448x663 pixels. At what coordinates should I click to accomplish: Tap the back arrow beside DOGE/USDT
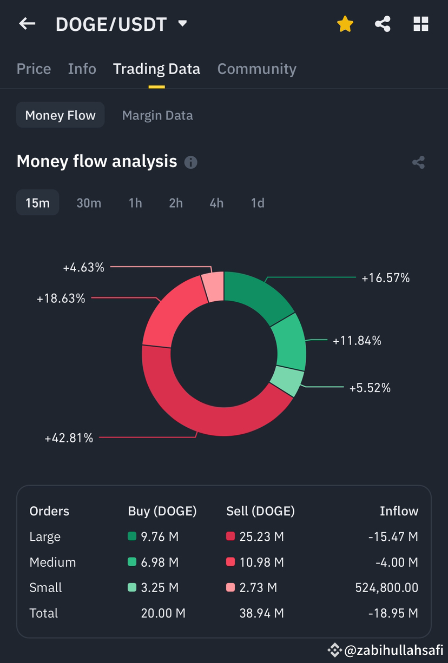click(x=27, y=24)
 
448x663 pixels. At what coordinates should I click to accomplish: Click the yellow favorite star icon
click(x=345, y=24)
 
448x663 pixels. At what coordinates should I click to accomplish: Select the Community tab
click(x=256, y=69)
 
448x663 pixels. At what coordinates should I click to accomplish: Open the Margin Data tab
click(x=157, y=115)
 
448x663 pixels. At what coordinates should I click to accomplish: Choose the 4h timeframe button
click(x=216, y=203)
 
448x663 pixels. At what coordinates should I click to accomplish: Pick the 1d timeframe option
click(x=258, y=203)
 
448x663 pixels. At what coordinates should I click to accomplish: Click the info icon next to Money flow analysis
click(x=190, y=162)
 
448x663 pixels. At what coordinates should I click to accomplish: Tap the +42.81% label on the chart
click(x=69, y=438)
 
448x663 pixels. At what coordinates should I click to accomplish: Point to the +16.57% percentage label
click(x=385, y=278)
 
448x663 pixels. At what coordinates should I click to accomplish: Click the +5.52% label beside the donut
click(x=370, y=388)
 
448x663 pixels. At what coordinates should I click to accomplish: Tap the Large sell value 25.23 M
click(x=261, y=537)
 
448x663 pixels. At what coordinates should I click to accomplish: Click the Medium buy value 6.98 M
click(x=160, y=562)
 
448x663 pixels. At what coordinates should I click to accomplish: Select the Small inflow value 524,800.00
click(x=386, y=588)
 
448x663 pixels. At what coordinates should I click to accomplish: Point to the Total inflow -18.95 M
click(x=393, y=613)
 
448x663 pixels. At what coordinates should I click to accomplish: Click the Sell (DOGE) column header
click(x=260, y=511)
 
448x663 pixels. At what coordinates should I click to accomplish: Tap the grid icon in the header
click(x=420, y=24)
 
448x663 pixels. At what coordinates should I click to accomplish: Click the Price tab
click(x=34, y=69)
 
